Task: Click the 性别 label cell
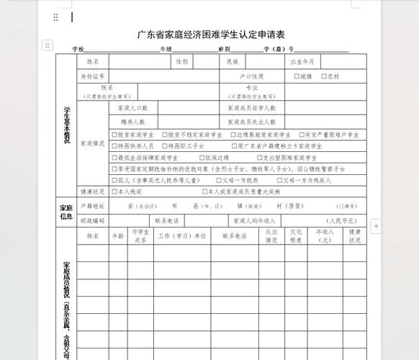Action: click(182, 62)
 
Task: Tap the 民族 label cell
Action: click(232, 62)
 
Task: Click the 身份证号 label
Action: click(93, 76)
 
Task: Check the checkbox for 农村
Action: click(325, 76)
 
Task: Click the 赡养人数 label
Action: click(133, 122)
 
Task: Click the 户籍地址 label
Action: click(93, 206)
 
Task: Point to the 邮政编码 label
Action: click(93, 220)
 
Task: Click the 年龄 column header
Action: click(117, 235)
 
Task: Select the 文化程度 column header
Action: click(296, 235)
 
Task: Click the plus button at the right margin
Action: click(375, 227)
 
